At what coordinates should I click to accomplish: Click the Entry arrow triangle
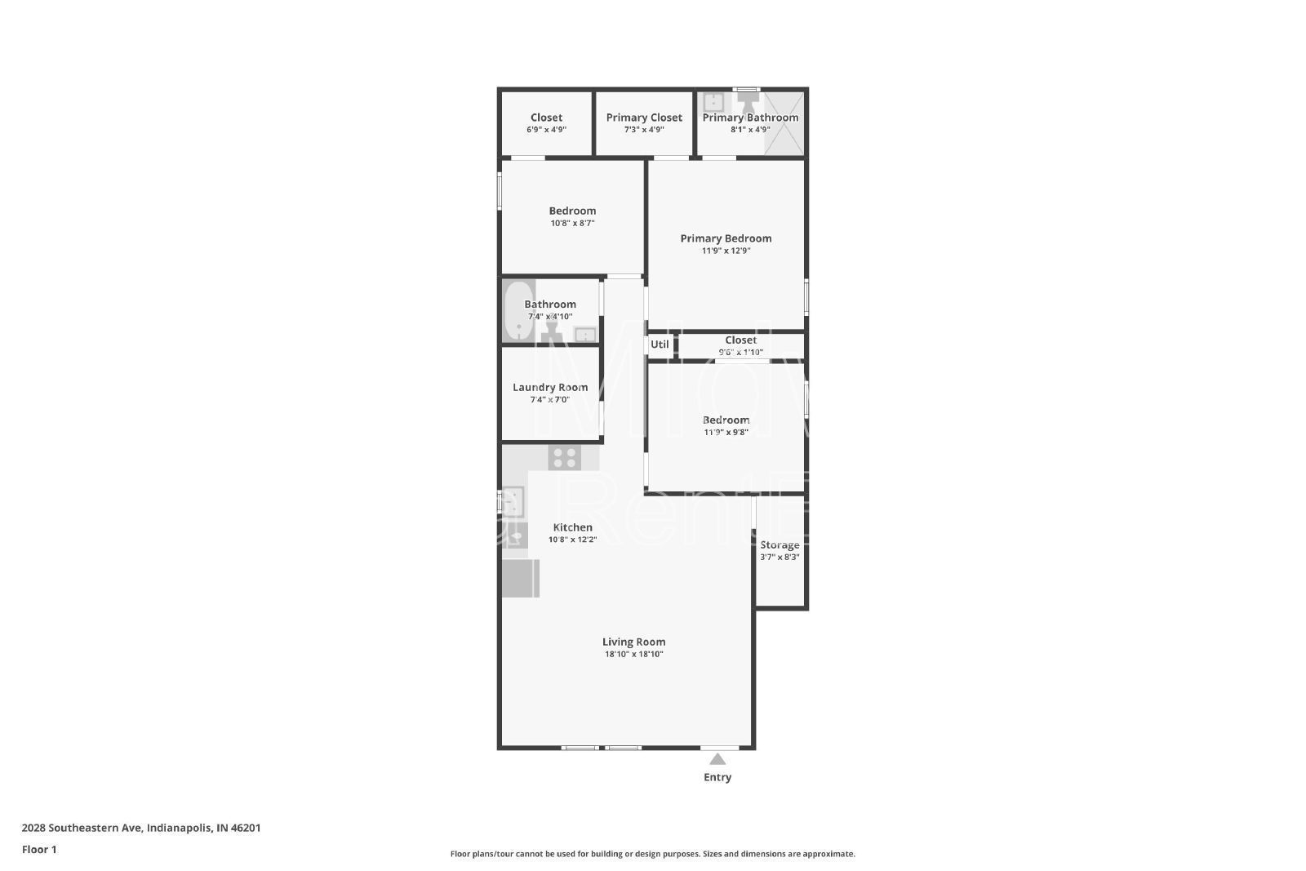pyautogui.click(x=717, y=759)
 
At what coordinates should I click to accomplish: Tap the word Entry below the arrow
pyautogui.click(x=717, y=777)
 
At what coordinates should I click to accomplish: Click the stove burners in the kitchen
pyautogui.click(x=564, y=458)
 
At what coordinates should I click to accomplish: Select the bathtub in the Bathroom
pyautogui.click(x=518, y=310)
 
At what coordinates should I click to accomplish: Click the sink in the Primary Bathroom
pyautogui.click(x=713, y=102)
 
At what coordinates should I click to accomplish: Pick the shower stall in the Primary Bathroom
pyautogui.click(x=784, y=122)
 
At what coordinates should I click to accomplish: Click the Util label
pyautogui.click(x=660, y=344)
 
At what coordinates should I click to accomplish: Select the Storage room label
pyautogui.click(x=780, y=544)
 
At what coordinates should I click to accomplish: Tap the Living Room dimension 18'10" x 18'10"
pyautogui.click(x=633, y=654)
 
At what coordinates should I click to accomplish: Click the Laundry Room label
pyautogui.click(x=550, y=387)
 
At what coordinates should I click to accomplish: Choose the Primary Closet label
pyautogui.click(x=644, y=118)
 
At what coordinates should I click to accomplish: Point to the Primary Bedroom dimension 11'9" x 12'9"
pyautogui.click(x=726, y=251)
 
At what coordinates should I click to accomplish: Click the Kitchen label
pyautogui.click(x=572, y=527)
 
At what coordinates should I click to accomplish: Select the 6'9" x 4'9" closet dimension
pyautogui.click(x=546, y=130)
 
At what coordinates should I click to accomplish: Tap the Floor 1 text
pyautogui.click(x=39, y=849)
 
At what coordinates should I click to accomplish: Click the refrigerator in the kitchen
pyautogui.click(x=520, y=578)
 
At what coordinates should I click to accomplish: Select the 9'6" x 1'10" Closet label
pyautogui.click(x=740, y=340)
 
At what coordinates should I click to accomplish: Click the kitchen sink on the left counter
pyautogui.click(x=513, y=501)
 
